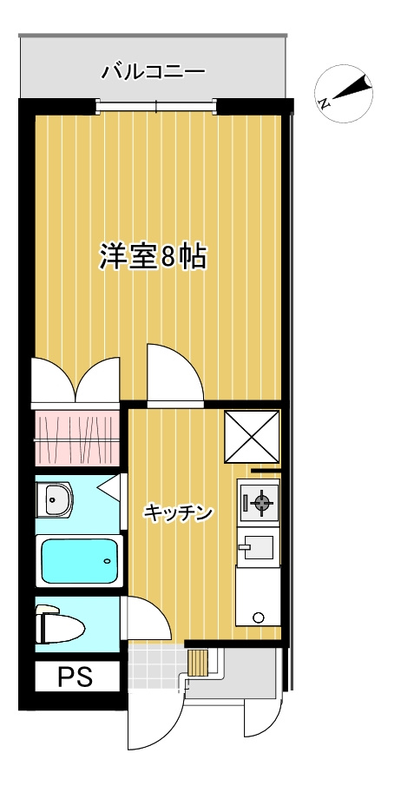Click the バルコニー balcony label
pyautogui.click(x=153, y=71)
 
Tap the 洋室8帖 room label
pyautogui.click(x=153, y=258)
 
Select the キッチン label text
pyautogui.click(x=179, y=514)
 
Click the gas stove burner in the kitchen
pyautogui.click(x=260, y=501)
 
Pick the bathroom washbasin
pyautogui.click(x=57, y=499)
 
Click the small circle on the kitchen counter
pyautogui.click(x=258, y=618)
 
